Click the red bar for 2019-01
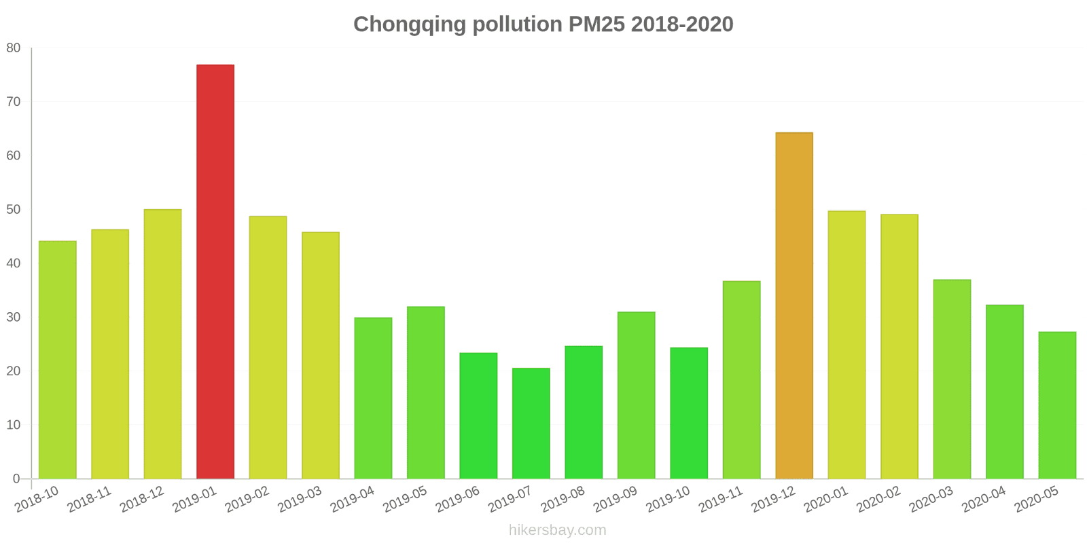[x=215, y=271]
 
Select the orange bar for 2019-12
[x=794, y=305]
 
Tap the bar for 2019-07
[x=531, y=424]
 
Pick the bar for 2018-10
[x=57, y=360]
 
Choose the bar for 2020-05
[x=1057, y=405]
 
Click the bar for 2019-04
[x=373, y=398]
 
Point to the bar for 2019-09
[x=636, y=395]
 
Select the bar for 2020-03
[x=952, y=379]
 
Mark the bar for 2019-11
[x=741, y=379]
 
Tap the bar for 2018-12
[x=162, y=344]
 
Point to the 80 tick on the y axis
[x=14, y=48]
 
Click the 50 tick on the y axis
[x=14, y=210]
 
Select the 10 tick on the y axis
[x=14, y=425]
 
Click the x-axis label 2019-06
[x=457, y=500]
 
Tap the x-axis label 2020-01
[x=825, y=500]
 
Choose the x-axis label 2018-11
[x=89, y=500]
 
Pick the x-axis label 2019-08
[x=563, y=500]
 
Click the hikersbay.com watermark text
[x=557, y=530]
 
